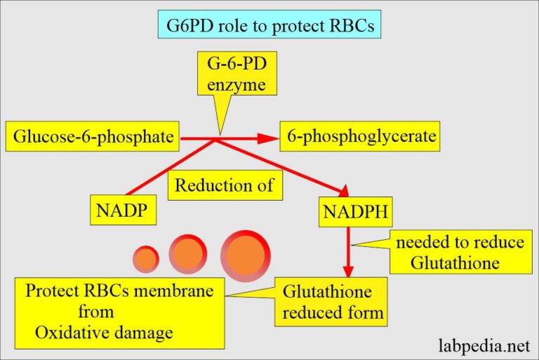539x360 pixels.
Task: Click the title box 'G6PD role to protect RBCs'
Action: coord(269,24)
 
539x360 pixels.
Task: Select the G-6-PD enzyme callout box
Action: coord(237,73)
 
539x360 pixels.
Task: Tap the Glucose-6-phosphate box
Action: coord(92,136)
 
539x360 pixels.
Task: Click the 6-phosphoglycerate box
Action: coord(359,136)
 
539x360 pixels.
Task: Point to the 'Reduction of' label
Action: coord(225,185)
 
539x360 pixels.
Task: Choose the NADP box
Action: coord(123,210)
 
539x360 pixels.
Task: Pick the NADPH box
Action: coord(355,212)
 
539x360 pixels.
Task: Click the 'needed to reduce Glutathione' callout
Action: coord(460,252)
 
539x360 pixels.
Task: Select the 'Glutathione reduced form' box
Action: coord(331,302)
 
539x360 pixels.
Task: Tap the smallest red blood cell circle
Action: coord(146,259)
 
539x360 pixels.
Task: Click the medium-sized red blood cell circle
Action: coord(187,254)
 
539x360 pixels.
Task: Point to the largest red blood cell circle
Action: coord(246,256)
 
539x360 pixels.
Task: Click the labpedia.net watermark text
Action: coord(484,345)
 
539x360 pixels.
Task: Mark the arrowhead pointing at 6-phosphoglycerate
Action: coord(268,138)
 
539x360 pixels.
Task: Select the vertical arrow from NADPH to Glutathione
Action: coord(348,252)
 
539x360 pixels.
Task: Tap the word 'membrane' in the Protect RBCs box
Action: coord(173,291)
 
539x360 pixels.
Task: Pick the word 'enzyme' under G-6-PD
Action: coord(237,85)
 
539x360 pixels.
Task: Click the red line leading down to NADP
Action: coord(171,167)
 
